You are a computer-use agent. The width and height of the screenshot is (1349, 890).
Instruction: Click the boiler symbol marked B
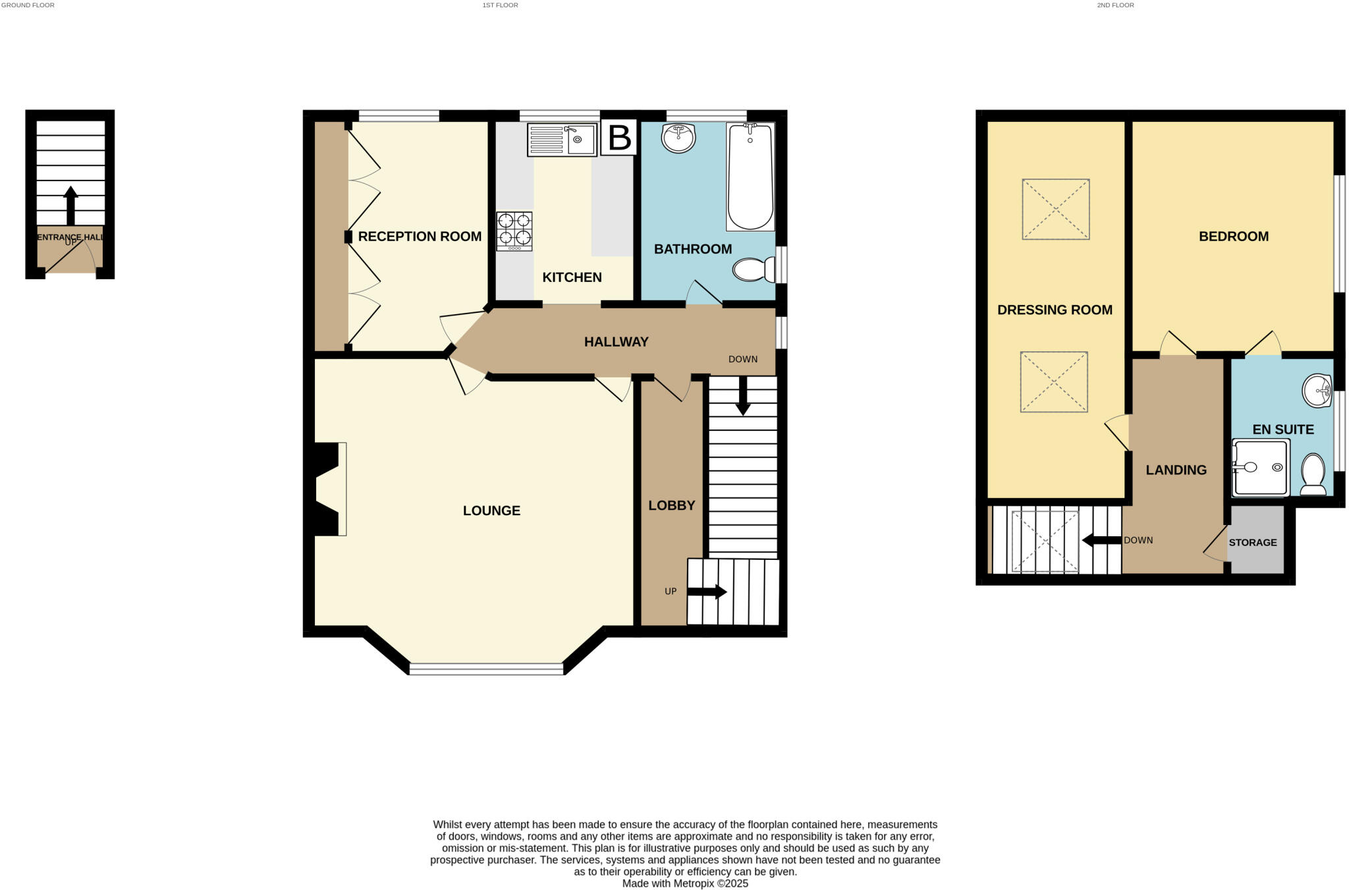(619, 138)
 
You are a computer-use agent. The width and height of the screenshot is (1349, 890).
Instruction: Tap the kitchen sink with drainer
(562, 140)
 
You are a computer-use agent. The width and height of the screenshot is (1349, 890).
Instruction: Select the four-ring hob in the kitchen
(514, 231)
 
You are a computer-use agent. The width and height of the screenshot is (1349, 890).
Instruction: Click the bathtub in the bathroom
(750, 177)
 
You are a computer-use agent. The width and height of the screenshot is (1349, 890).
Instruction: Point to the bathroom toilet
(754, 269)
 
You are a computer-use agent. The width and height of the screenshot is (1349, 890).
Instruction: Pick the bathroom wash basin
(678, 138)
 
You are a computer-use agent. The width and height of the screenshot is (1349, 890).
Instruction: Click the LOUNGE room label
(491, 511)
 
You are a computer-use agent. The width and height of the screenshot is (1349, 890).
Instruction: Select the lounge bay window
(486, 669)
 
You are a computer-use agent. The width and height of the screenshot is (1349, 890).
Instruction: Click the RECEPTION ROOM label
(420, 236)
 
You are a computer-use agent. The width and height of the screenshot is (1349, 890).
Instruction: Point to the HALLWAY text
(616, 342)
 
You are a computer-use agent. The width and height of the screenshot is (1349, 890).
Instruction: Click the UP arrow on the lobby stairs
(707, 592)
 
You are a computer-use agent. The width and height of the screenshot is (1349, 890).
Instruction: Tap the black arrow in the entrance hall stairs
(70, 205)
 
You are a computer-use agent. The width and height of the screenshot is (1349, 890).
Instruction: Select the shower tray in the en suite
(1260, 468)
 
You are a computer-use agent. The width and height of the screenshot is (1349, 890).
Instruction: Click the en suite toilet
(1313, 474)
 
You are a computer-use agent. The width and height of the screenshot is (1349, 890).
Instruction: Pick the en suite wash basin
(1318, 391)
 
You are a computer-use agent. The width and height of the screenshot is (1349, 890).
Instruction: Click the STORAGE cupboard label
(1252, 543)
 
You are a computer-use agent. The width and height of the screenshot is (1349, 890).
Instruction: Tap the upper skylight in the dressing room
(1055, 209)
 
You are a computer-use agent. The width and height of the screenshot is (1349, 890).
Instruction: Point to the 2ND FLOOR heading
(1115, 5)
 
